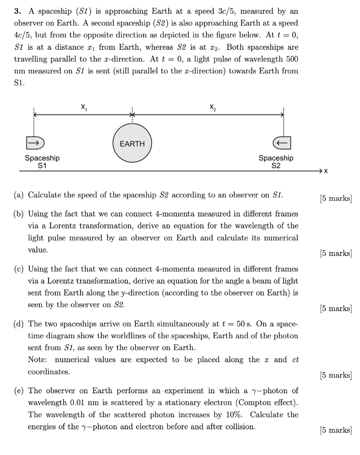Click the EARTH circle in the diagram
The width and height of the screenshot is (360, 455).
(x=132, y=144)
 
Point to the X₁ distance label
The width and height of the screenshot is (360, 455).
(x=84, y=107)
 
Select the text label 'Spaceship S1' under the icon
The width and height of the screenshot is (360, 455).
(x=42, y=162)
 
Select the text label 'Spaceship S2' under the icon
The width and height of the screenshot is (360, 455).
(x=276, y=162)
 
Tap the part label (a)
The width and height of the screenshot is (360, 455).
(x=19, y=195)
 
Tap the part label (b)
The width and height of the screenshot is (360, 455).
(x=19, y=214)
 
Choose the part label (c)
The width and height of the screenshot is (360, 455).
(x=19, y=269)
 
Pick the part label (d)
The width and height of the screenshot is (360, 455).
(x=19, y=324)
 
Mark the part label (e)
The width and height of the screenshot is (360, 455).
(x=19, y=391)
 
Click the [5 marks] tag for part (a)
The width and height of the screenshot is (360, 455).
(x=336, y=198)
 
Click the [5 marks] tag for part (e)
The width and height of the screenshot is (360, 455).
(x=336, y=430)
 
